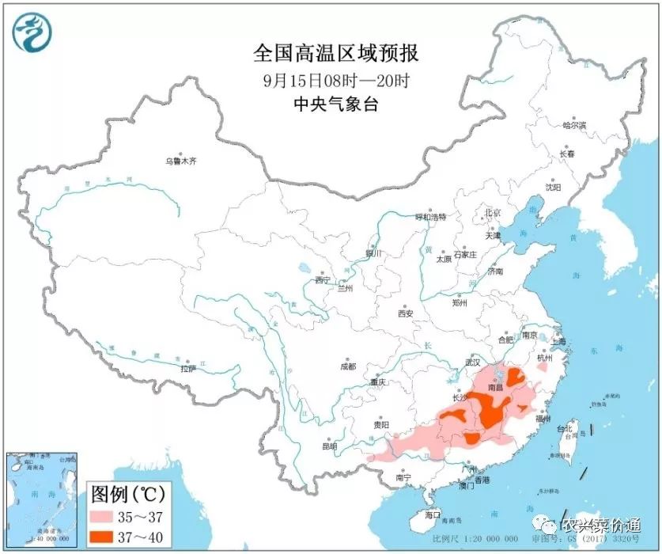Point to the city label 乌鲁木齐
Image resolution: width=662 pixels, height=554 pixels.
click(180, 161)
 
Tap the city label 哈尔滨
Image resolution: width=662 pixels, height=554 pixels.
click(574, 125)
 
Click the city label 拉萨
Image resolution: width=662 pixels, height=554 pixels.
click(187, 369)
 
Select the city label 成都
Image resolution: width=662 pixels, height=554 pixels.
click(347, 366)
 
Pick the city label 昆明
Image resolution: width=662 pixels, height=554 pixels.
click(329, 446)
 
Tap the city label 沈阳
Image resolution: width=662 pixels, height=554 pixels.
click(553, 188)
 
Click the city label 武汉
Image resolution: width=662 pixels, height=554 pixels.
click(473, 362)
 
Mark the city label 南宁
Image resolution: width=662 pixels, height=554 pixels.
click(403, 477)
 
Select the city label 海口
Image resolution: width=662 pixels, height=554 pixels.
click(432, 514)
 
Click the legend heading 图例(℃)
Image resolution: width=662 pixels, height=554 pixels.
click(128, 495)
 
